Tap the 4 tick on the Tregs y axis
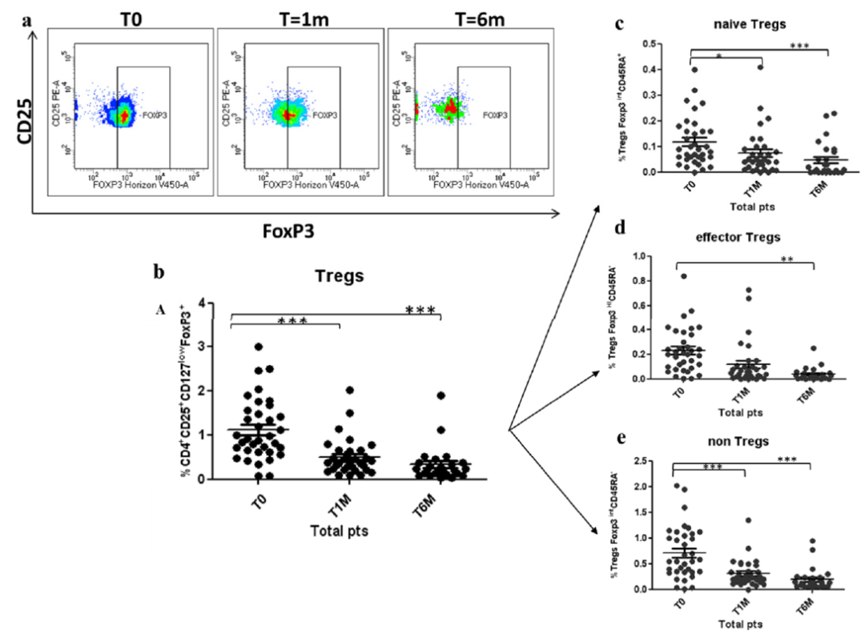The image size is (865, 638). point(211,303)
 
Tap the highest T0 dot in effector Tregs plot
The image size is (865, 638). point(683,276)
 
